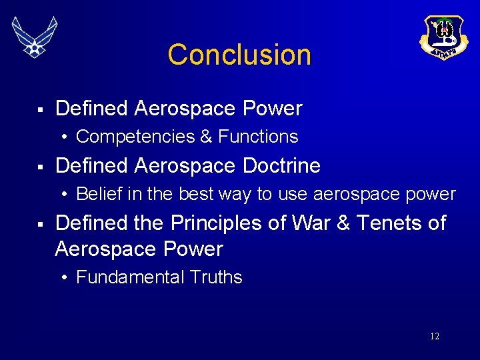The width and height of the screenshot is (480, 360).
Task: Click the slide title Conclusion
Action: coord(239,55)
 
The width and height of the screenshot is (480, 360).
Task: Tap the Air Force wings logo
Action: coord(35,37)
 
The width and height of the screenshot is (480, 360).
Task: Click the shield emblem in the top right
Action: coord(444,37)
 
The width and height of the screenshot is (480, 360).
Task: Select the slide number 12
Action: coord(434,337)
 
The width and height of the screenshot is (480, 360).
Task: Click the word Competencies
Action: coord(129,137)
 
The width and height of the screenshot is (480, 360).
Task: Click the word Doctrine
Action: coord(281,165)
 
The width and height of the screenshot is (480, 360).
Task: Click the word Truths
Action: coord(215,277)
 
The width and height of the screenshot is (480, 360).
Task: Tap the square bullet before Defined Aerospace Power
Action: coord(40,109)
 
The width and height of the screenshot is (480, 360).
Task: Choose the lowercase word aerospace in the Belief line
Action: coord(351,195)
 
